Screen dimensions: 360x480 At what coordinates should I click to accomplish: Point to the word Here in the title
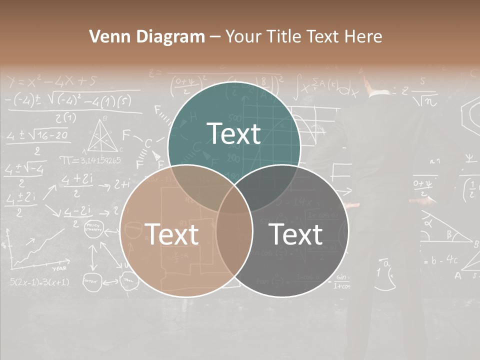tap(364, 36)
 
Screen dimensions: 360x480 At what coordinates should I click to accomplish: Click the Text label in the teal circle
tap(234, 134)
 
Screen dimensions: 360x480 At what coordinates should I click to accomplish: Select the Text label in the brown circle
tap(171, 234)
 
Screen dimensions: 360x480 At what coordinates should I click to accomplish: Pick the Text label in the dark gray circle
tap(295, 234)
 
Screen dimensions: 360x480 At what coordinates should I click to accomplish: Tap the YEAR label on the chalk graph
tap(60, 268)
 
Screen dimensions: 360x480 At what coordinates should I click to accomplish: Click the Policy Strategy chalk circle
tap(93, 229)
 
